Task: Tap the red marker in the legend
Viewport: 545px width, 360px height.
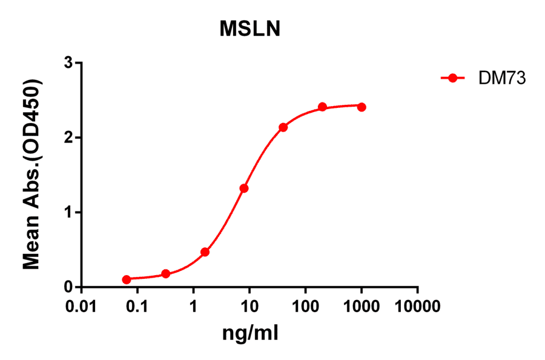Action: [x=452, y=78]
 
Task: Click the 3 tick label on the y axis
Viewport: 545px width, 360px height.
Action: [x=69, y=63]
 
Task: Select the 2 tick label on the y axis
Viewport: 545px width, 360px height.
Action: [x=69, y=138]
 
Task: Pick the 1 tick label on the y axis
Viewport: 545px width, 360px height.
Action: [x=69, y=212]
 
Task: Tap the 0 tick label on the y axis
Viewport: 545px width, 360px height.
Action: [x=69, y=287]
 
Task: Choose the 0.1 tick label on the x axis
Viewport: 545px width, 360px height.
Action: [x=137, y=307]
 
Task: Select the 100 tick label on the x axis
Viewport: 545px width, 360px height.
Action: [x=305, y=307]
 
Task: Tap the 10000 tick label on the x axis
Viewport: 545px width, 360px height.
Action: [x=417, y=307]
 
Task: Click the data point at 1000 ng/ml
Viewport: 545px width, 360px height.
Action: [x=362, y=107]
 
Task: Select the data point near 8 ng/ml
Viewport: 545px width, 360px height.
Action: [x=244, y=188]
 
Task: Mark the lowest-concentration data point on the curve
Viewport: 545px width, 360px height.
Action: [x=127, y=279]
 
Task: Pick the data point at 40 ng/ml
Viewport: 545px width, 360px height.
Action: [x=283, y=127]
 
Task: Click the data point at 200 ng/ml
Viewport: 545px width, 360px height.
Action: [x=322, y=107]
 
